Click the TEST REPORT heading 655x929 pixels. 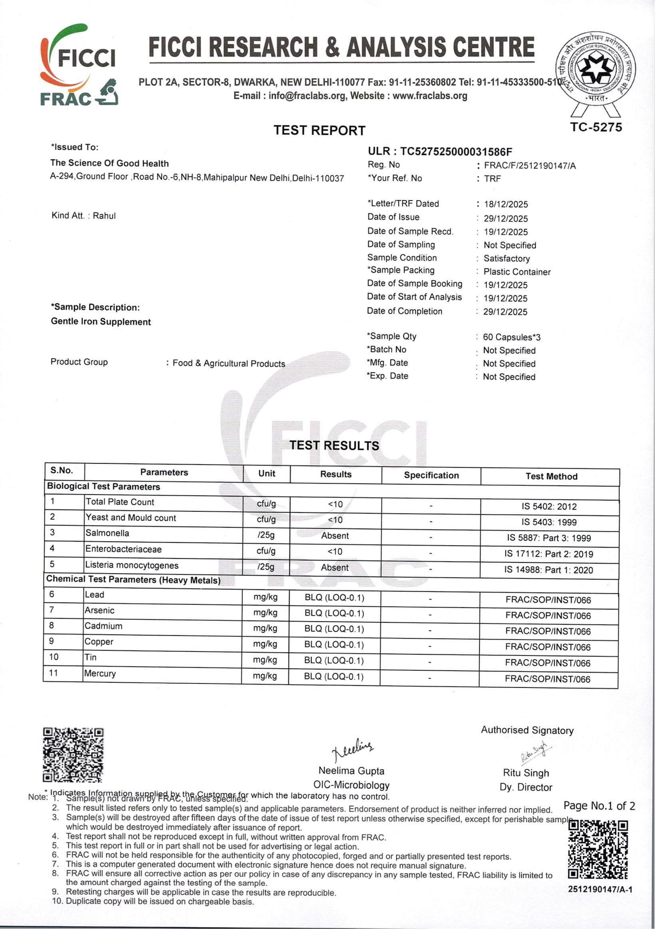tap(319, 130)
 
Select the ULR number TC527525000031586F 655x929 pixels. tap(456, 152)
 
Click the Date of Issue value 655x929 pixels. tap(506, 218)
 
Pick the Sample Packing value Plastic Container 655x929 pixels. tap(517, 272)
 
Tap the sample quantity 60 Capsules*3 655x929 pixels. tap(512, 337)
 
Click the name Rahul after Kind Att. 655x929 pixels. tap(104, 216)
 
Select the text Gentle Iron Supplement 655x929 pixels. tap(101, 322)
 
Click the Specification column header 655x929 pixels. tap(431, 475)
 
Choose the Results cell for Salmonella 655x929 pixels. tap(335, 536)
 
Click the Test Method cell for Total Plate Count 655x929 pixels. tap(549, 507)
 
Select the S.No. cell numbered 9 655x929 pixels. tap(52, 641)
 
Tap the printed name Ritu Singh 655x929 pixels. tap(526, 773)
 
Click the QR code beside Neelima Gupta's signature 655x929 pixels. tap(73, 755)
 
